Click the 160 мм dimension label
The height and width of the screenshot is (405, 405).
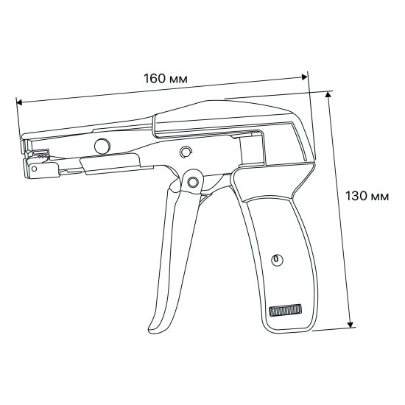pyautogui.click(x=165, y=79)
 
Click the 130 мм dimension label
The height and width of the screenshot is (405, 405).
pyautogui.click(x=367, y=196)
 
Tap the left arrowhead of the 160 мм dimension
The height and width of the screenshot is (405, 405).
pyautogui.click(x=19, y=102)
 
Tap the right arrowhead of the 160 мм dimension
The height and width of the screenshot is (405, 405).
pyautogui.click(x=305, y=77)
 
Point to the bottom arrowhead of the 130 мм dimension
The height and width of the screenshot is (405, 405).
pyautogui.click(x=351, y=324)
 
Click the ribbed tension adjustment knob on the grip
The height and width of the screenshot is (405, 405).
pyautogui.click(x=285, y=310)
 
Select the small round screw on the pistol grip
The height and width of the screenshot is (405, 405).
pyautogui.click(x=277, y=260)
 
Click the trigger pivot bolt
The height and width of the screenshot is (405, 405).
pyautogui.click(x=192, y=182)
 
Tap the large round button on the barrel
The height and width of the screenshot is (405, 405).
pyautogui.click(x=102, y=147)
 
